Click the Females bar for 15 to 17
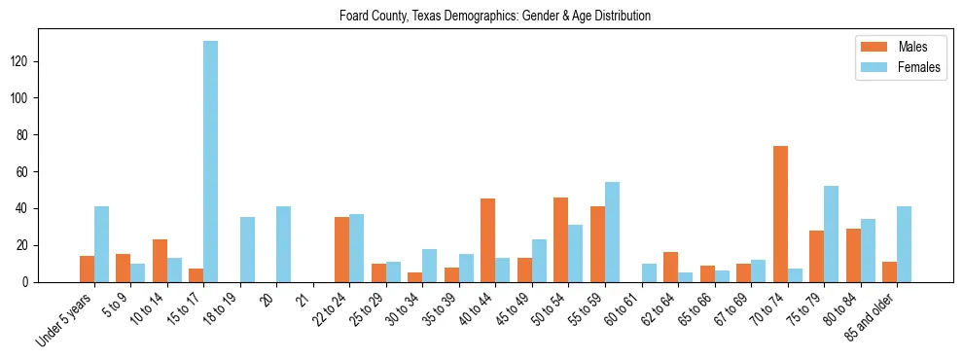[x=210, y=162]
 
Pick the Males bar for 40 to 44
[x=488, y=240]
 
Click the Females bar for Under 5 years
[x=101, y=244]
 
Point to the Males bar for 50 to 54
[x=561, y=239]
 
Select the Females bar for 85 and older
[x=904, y=244]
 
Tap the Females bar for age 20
[x=283, y=244]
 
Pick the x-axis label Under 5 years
[x=65, y=321]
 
